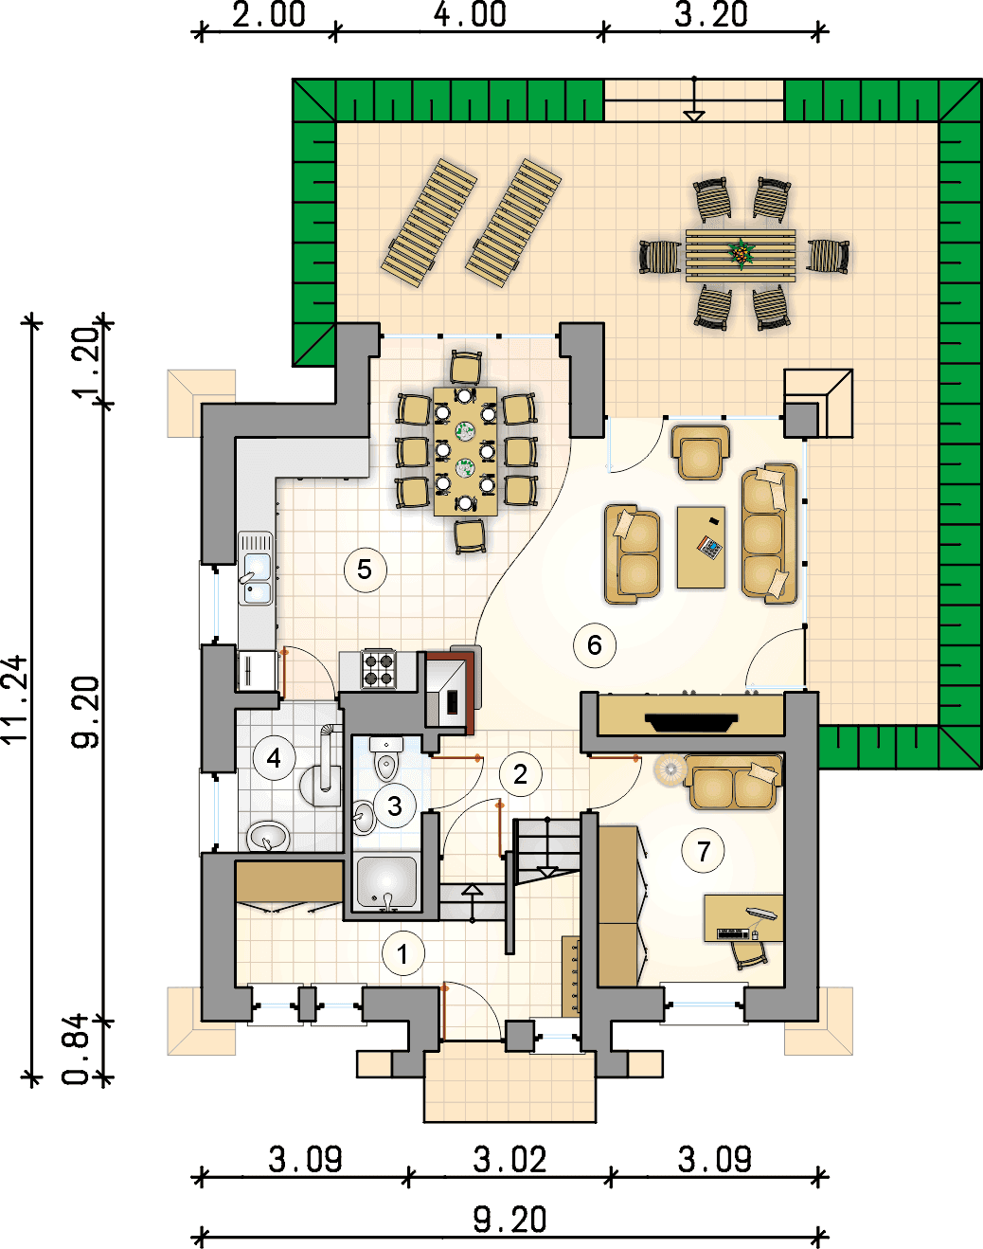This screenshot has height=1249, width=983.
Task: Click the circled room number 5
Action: [x=365, y=570]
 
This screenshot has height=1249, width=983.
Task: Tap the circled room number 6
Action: [x=595, y=644]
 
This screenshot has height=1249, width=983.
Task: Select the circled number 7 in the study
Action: [x=704, y=851]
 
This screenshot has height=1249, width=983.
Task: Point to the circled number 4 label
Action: [x=274, y=758]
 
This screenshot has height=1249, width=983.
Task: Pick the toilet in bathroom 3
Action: [x=386, y=758]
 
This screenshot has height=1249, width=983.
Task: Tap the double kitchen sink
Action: [x=256, y=570]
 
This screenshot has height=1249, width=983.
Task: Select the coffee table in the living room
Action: [x=701, y=548]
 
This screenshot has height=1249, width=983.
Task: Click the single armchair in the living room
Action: [x=701, y=453]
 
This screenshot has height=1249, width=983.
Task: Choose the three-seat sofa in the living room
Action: [x=769, y=534]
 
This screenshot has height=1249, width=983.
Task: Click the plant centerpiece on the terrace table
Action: [x=741, y=254]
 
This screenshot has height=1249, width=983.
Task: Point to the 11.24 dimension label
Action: [x=14, y=700]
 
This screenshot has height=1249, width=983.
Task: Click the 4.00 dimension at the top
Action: [x=471, y=14]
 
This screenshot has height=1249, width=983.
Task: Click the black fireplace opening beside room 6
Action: [x=691, y=723]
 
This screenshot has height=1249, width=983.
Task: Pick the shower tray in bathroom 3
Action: [x=386, y=882]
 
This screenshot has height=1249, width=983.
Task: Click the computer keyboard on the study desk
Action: [x=732, y=933]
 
